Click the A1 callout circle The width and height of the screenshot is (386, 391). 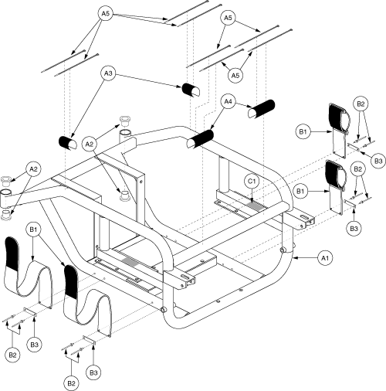click(325, 258)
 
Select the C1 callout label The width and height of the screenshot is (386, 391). click(252, 182)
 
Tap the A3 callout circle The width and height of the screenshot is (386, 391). click(108, 73)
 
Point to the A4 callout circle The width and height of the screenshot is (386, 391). click(228, 102)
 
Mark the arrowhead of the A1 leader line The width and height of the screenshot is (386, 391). click(296, 257)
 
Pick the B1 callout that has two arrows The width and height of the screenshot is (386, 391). click(33, 229)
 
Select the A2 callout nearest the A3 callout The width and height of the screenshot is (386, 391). click(90, 144)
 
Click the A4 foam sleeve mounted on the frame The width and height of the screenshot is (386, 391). click(200, 139)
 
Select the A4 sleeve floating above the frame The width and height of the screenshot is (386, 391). click(261, 109)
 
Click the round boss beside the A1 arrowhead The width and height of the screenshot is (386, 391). click(284, 250)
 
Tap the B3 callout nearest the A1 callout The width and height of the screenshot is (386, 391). click(354, 228)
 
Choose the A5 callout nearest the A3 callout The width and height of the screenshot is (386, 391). click(106, 13)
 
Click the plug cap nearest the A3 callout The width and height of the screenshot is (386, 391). click(125, 121)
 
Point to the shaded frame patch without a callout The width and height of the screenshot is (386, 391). click(130, 261)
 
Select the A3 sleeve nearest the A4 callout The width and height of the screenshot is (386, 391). click(191, 90)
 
